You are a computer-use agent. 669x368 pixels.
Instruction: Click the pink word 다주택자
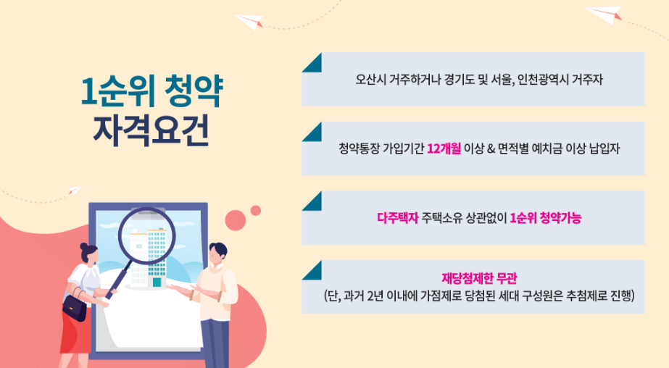398,218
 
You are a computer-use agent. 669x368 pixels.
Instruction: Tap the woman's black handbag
74,308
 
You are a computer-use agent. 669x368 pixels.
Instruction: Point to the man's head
217,253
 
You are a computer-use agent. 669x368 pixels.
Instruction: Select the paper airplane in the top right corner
604,15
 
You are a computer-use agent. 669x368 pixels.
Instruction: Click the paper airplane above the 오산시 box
250,21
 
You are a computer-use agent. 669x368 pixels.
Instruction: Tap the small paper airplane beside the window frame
75,191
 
